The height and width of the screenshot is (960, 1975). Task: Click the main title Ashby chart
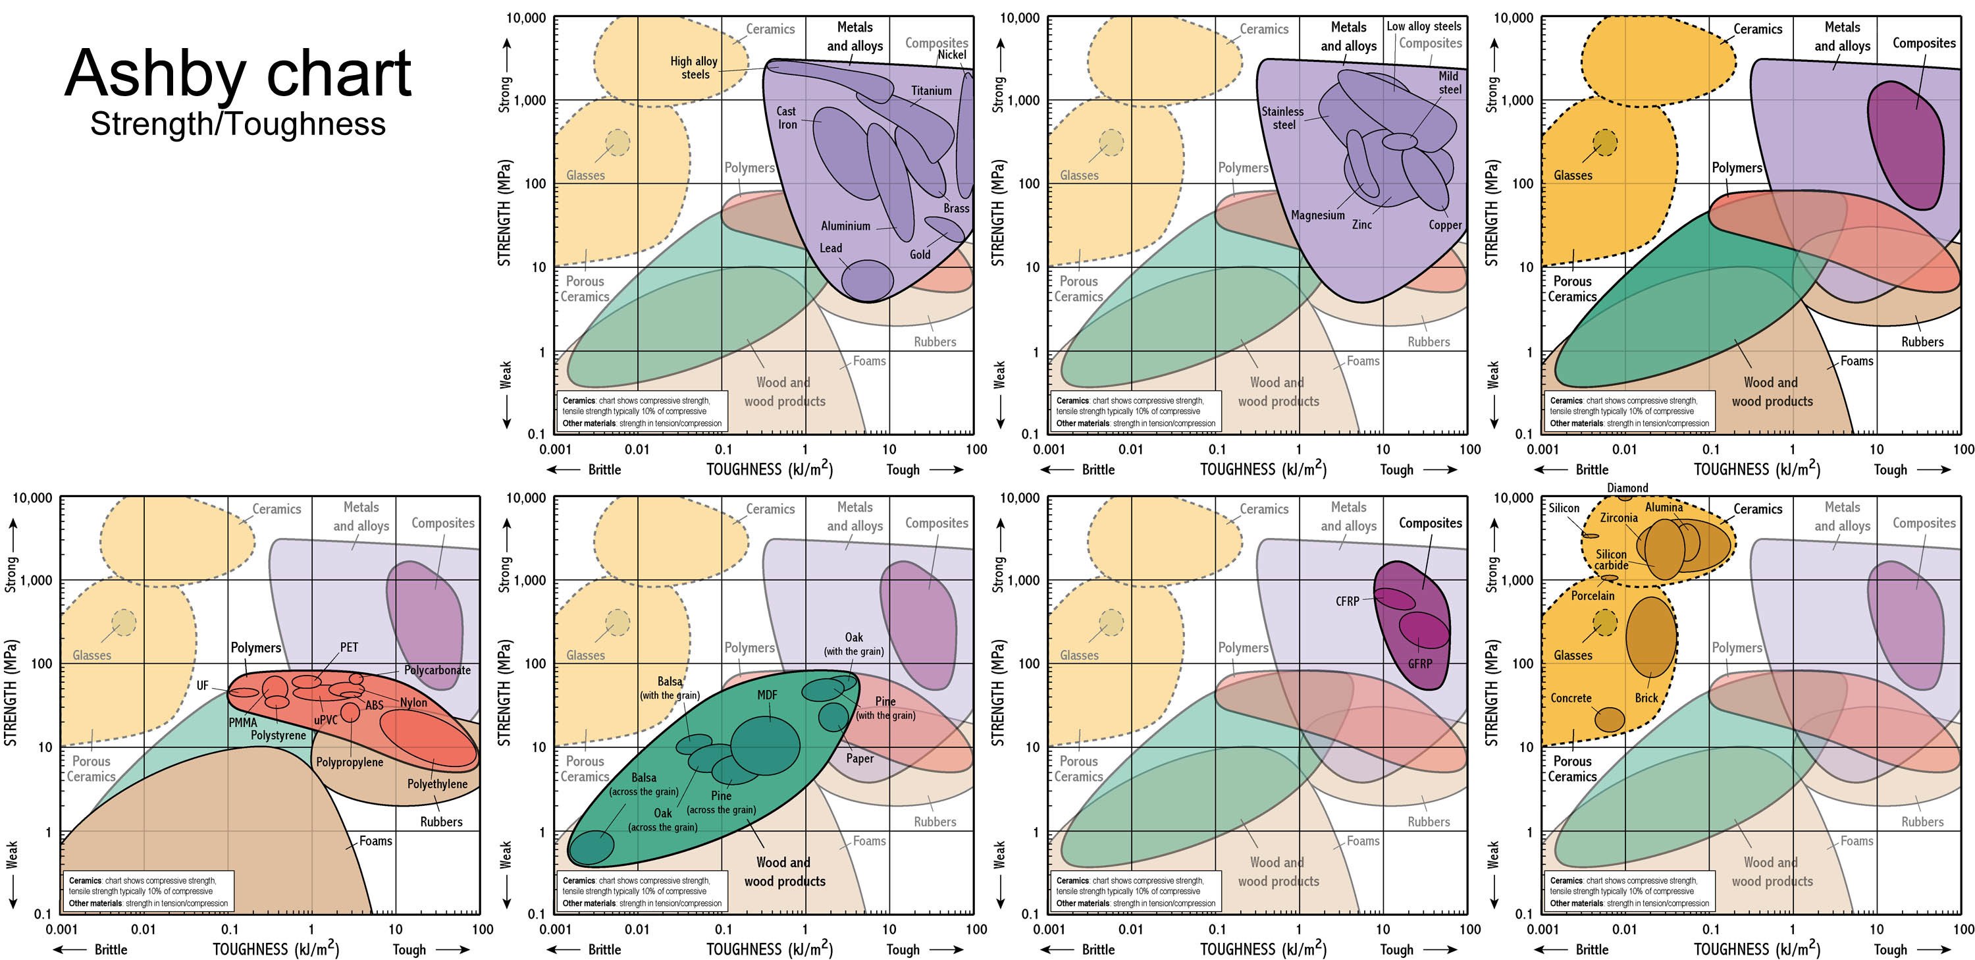(x=238, y=74)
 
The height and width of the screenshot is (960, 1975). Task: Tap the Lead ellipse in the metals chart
(x=867, y=279)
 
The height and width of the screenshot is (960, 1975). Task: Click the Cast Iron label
(x=787, y=118)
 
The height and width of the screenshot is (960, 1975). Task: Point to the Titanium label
(x=931, y=90)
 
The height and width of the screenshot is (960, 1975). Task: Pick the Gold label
(x=920, y=255)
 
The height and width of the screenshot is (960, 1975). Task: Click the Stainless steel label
(x=1282, y=118)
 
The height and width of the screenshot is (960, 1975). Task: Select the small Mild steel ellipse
(x=1401, y=142)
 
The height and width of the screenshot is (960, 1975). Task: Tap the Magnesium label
(x=1318, y=215)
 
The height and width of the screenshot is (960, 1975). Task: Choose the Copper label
(x=1445, y=225)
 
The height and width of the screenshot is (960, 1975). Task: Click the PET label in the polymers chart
(x=349, y=647)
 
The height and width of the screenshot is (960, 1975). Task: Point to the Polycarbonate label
(x=437, y=670)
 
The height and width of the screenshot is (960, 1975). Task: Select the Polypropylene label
(x=350, y=763)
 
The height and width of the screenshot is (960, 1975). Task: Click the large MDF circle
(x=765, y=745)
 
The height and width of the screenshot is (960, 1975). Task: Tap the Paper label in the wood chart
(x=860, y=759)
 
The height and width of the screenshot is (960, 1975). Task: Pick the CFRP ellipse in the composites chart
(x=1394, y=599)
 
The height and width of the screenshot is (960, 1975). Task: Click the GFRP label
(x=1419, y=664)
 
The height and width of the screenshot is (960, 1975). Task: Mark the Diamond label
(x=1627, y=488)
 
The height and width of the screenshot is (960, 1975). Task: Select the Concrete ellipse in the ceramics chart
(x=1610, y=718)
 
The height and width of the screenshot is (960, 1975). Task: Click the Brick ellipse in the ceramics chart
(x=1649, y=637)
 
